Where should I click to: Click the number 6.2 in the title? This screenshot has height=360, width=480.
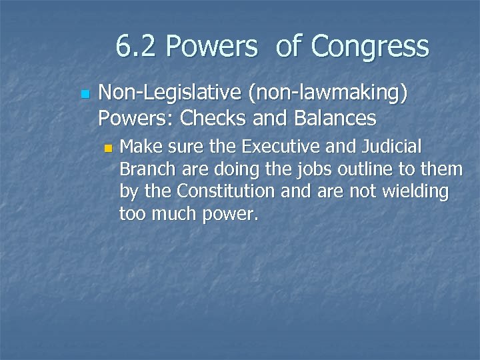coord(137,47)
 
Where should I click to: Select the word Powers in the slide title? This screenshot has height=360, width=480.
coord(211,47)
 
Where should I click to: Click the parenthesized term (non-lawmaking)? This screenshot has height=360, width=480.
coord(327,95)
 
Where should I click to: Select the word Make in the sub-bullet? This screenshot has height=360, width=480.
coord(139,146)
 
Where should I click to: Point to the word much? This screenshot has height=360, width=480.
coord(181,214)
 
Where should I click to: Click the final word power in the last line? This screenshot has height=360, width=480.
coord(233,215)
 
